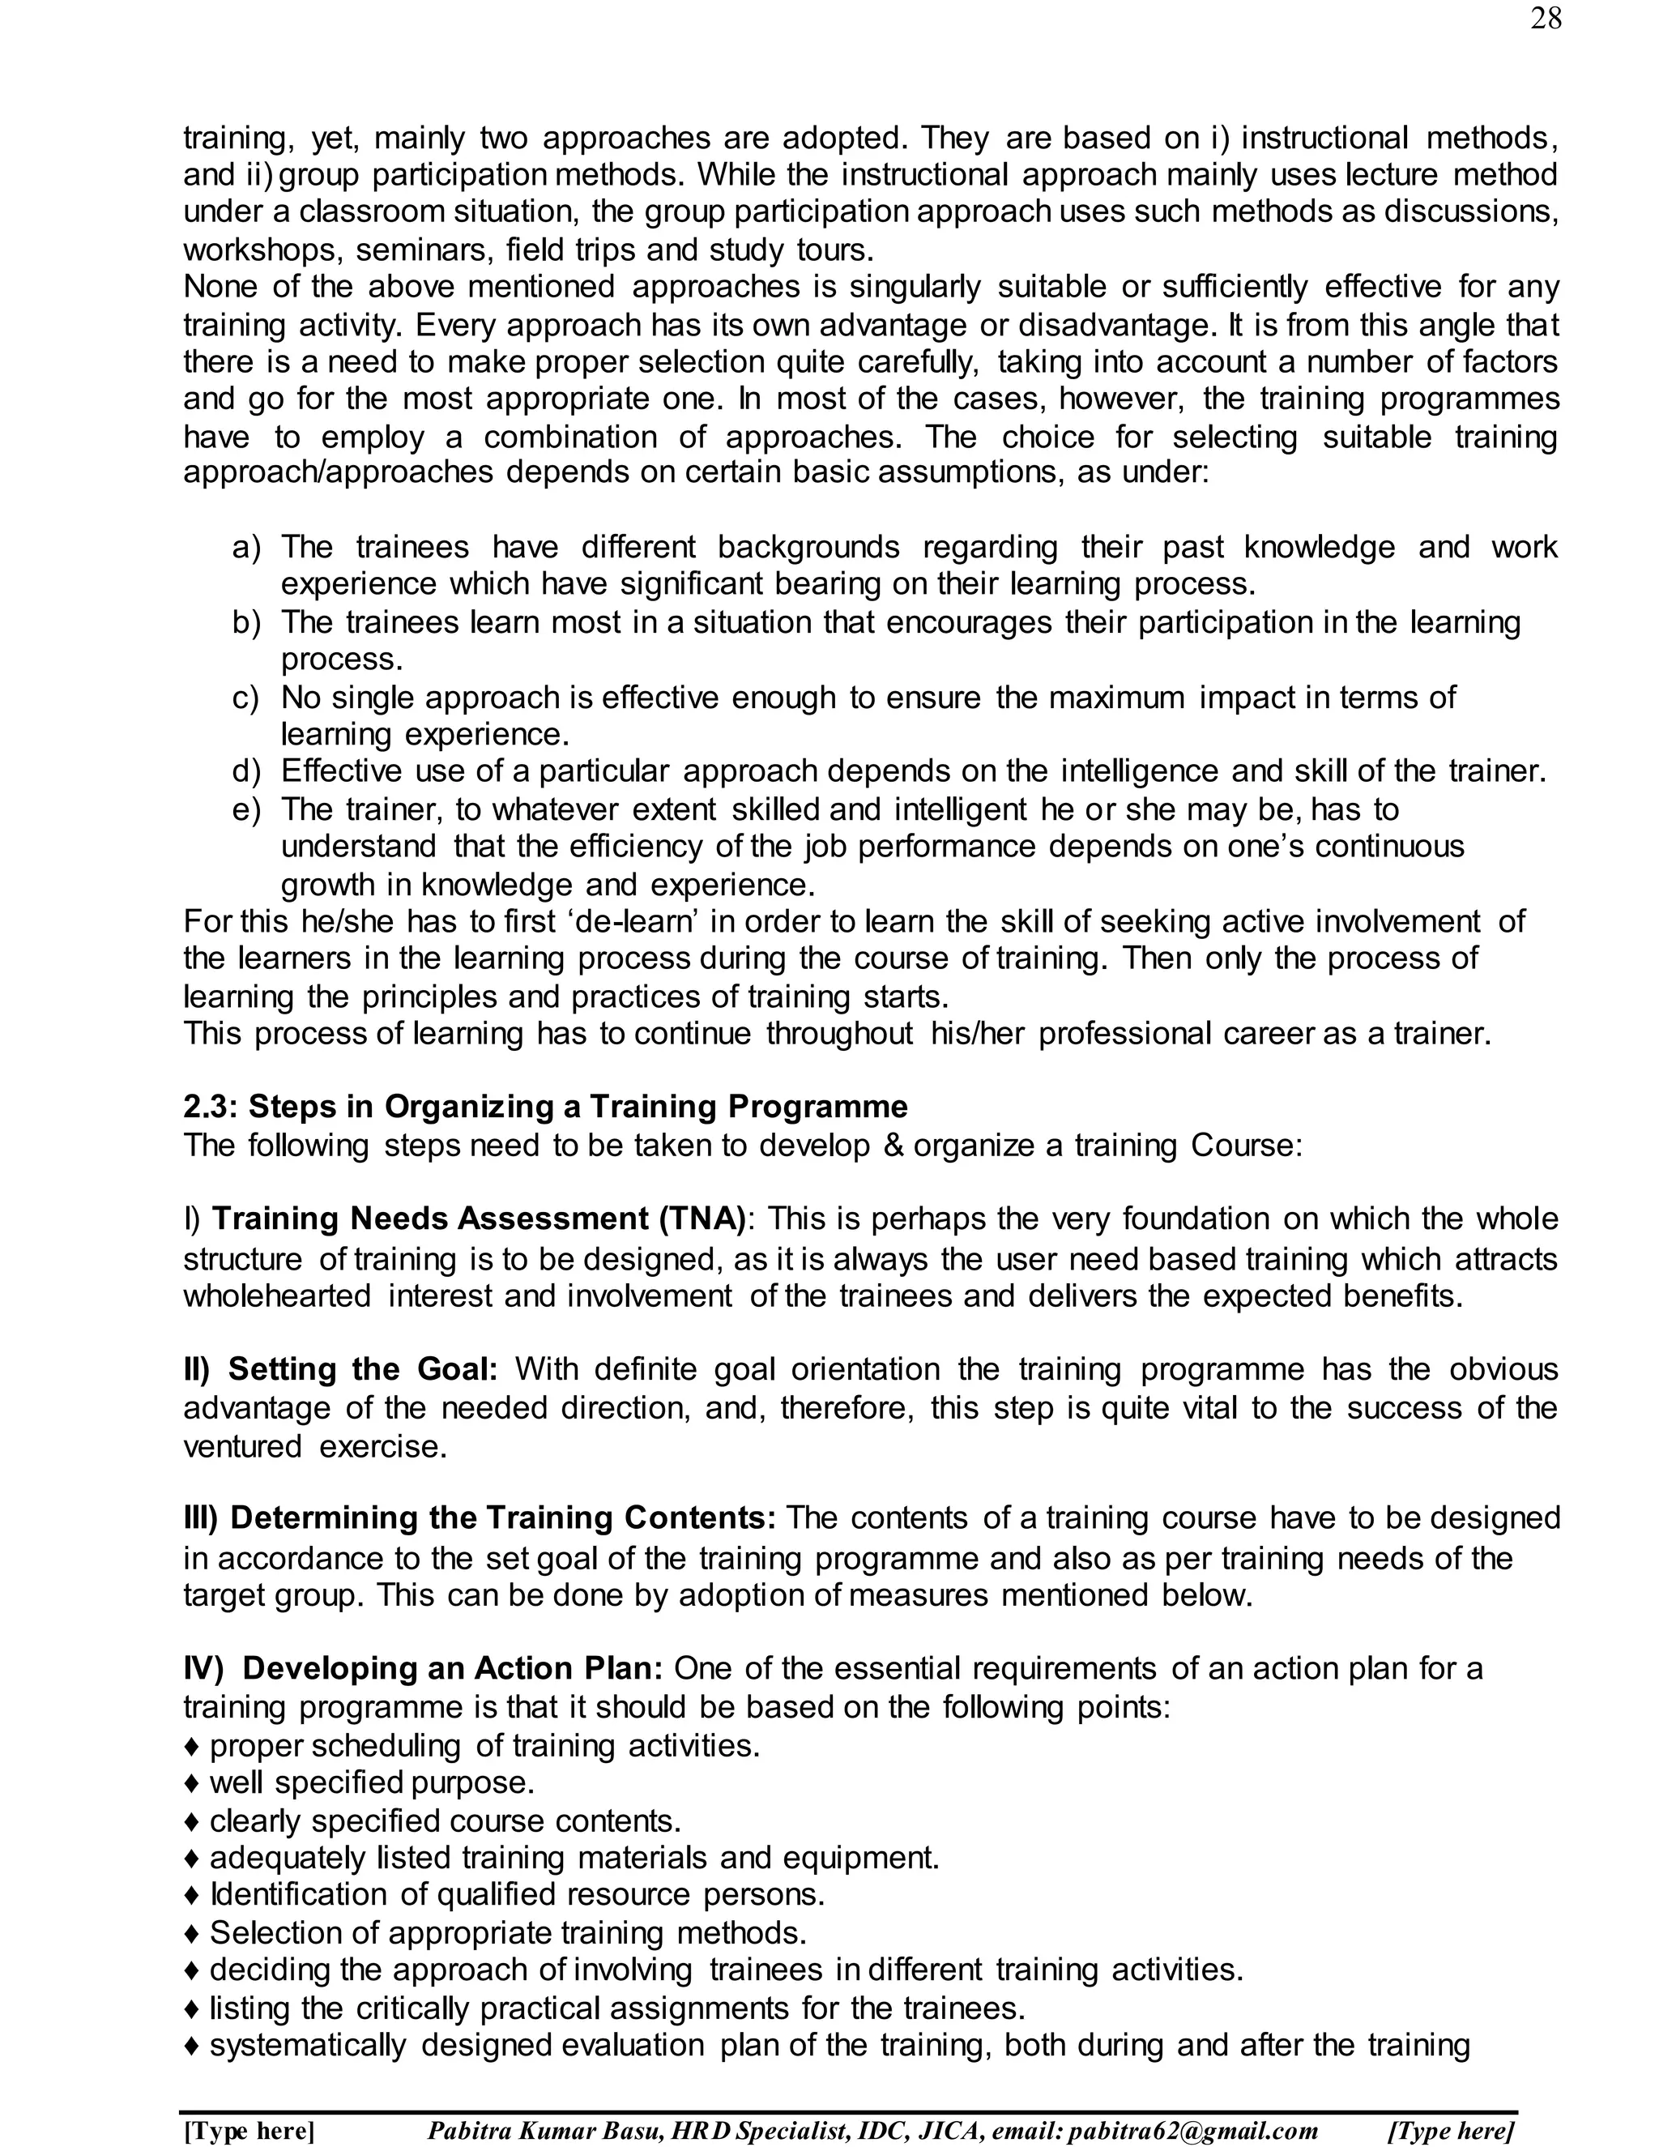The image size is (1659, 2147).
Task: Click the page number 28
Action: pos(1545,19)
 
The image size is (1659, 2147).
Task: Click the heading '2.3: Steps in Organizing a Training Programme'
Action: pos(545,1107)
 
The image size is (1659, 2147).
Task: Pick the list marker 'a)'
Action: pos(245,548)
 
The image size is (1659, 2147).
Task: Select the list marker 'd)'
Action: pos(245,771)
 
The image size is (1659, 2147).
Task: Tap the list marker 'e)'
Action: pos(245,810)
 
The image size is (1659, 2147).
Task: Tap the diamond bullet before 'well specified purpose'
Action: pos(193,1783)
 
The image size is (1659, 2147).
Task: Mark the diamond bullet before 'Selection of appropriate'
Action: pos(193,1934)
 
